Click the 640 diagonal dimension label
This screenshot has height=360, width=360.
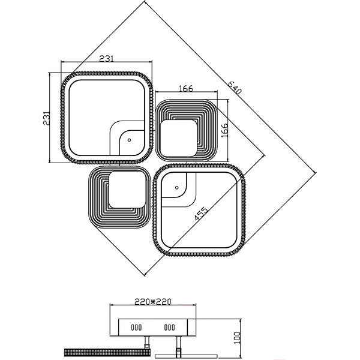click(235, 88)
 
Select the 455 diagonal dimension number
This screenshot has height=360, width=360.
click(201, 214)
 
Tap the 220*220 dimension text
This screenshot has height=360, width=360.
click(153, 301)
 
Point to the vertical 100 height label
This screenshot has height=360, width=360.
click(237, 337)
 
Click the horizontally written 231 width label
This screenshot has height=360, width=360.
click(106, 59)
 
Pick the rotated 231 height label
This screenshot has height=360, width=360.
click(46, 118)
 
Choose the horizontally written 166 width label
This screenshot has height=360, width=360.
click(186, 88)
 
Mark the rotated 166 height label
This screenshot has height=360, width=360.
click(224, 130)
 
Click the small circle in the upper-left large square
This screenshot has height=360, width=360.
click(129, 140)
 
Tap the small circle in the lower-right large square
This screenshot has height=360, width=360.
click(176, 188)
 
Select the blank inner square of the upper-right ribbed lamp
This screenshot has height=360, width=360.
click(178, 138)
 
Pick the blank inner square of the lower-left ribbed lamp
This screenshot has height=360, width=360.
click(127, 190)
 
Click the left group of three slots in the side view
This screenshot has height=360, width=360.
click(136, 327)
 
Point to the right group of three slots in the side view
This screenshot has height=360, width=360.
click(169, 327)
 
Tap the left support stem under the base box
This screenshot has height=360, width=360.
click(146, 343)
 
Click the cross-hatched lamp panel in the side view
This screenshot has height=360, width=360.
click(107, 352)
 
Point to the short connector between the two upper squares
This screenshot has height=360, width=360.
click(154, 130)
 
